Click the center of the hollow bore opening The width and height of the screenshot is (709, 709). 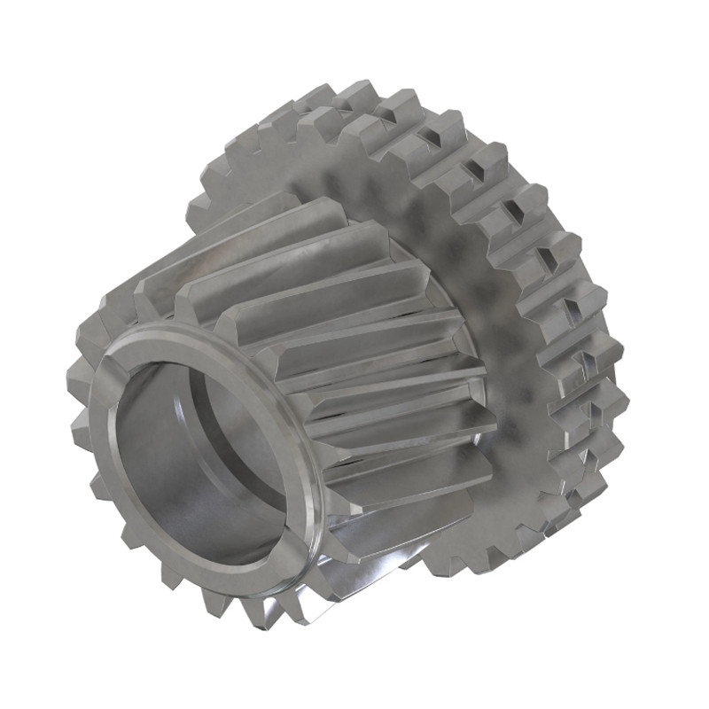[199, 461]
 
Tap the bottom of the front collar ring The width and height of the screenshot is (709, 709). [248, 567]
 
